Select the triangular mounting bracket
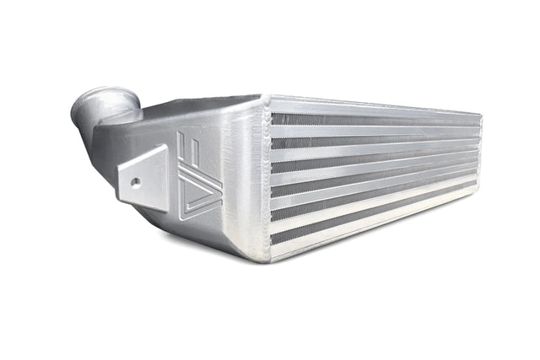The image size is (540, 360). [x=143, y=173]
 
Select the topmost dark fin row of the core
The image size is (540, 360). [x=371, y=119]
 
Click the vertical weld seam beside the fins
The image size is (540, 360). [x=263, y=177]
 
